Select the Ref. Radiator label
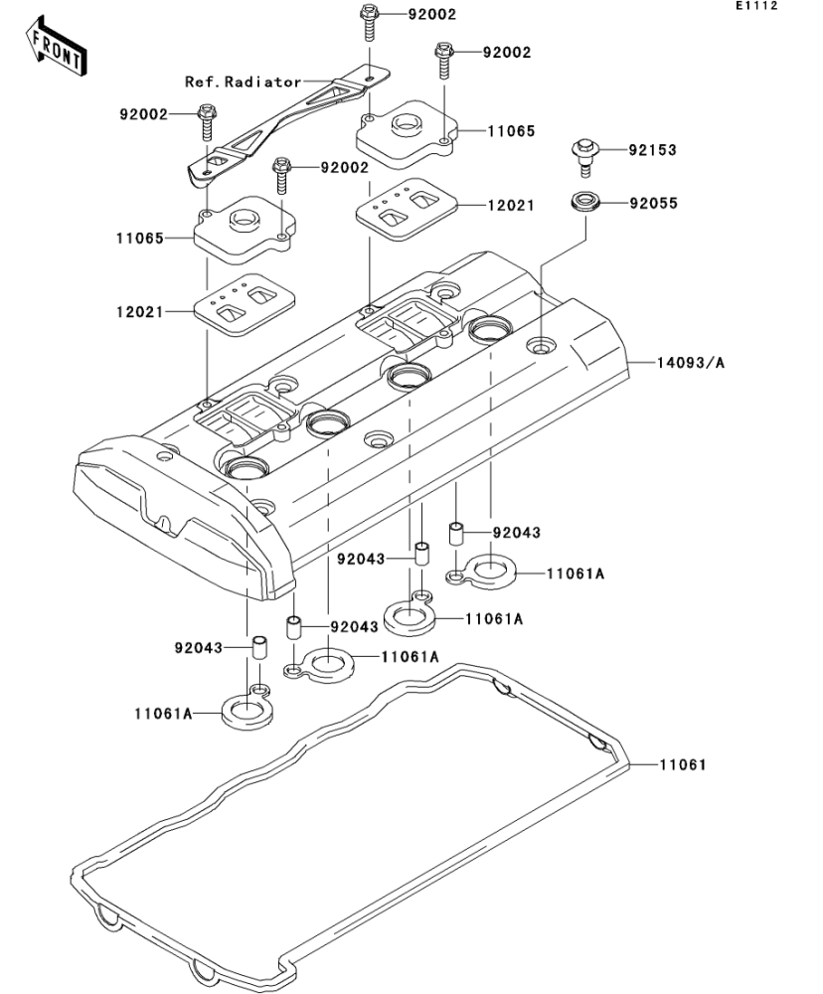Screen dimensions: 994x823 pyautogui.click(x=244, y=82)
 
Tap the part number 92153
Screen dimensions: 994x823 pyautogui.click(x=652, y=151)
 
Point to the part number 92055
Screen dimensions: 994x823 pyautogui.click(x=652, y=204)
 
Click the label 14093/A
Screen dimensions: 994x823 pyautogui.click(x=690, y=363)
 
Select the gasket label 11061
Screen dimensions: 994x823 pyautogui.click(x=681, y=764)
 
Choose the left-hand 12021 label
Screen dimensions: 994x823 pyautogui.click(x=139, y=311)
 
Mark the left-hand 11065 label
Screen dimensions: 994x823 pyautogui.click(x=139, y=239)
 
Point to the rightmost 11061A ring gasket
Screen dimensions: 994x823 pyautogui.click(x=486, y=573)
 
